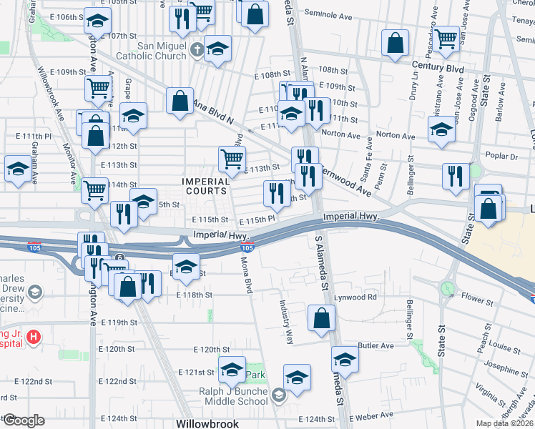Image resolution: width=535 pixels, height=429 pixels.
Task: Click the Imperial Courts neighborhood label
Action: [x=206, y=186]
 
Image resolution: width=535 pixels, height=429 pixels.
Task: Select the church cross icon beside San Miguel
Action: [x=198, y=51]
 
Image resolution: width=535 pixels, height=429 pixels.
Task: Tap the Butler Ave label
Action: [x=376, y=345]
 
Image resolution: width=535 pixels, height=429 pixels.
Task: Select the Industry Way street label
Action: [x=287, y=321]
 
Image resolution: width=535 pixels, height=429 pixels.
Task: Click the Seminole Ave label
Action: [x=331, y=13]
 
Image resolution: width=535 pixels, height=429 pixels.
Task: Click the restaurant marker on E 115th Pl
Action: [x=276, y=192]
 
